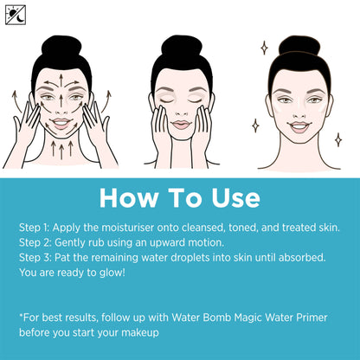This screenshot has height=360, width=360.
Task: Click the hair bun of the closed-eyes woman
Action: click(x=182, y=46)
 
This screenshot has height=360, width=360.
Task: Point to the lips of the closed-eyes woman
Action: click(x=181, y=125)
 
